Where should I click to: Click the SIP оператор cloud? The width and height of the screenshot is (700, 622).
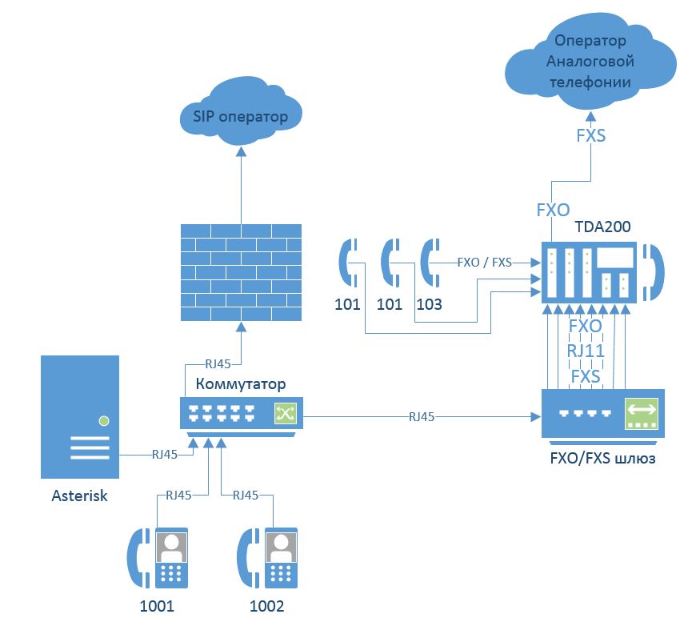tap(240, 116)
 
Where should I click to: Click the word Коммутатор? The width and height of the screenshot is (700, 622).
tap(241, 384)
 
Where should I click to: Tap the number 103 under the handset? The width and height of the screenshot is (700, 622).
tap(429, 305)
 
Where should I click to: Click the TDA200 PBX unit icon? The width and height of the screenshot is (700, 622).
tap(589, 272)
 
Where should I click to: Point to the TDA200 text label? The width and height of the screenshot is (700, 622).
tap(602, 227)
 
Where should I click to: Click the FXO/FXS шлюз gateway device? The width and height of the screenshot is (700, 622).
tap(602, 413)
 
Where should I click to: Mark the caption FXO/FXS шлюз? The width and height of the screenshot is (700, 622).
tap(602, 459)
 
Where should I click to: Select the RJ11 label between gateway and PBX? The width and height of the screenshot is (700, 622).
tap(585, 351)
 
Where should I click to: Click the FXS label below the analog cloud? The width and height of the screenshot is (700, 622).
tap(590, 135)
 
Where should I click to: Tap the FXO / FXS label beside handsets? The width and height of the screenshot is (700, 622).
tap(485, 262)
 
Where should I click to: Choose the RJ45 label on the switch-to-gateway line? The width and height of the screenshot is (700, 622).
tap(422, 416)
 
